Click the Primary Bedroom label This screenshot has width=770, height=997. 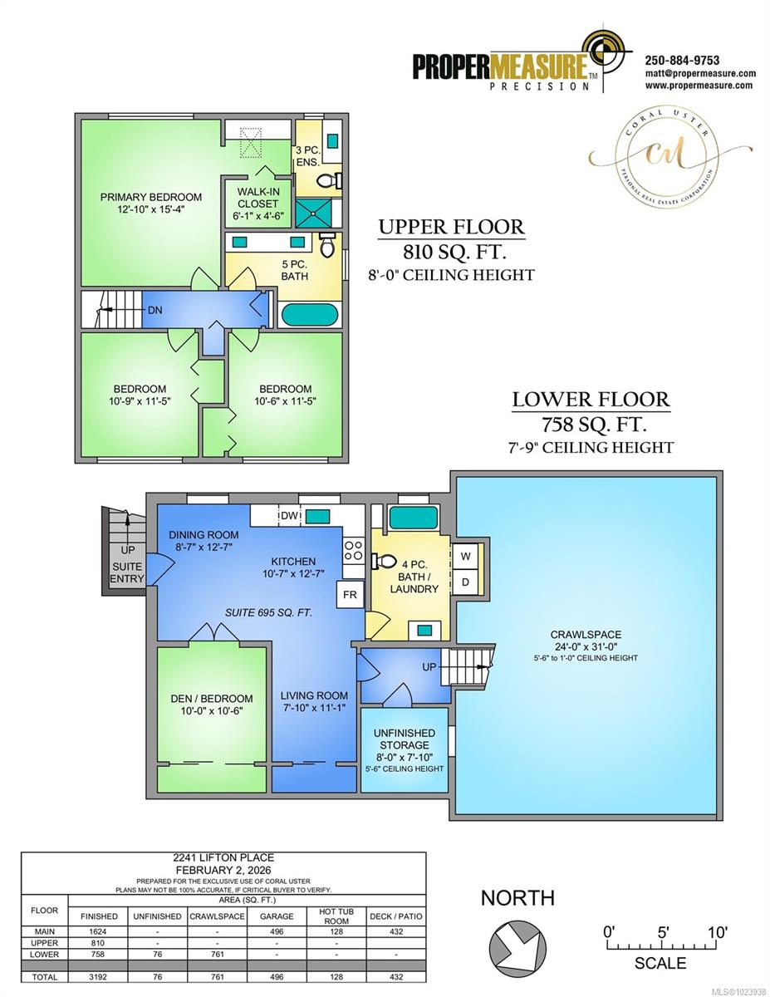click(x=150, y=197)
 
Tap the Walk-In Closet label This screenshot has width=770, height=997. click(x=258, y=203)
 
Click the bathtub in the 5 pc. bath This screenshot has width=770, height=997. click(x=309, y=315)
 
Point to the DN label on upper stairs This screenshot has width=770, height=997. click(x=154, y=310)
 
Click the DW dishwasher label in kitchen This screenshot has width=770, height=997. click(x=289, y=516)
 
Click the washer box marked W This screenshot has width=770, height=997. click(x=465, y=556)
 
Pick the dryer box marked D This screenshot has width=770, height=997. click(x=465, y=582)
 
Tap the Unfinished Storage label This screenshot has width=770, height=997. click(x=405, y=739)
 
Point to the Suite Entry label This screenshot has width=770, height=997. click(x=126, y=573)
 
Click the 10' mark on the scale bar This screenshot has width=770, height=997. click(x=716, y=932)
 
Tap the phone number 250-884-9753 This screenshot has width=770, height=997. click(x=682, y=61)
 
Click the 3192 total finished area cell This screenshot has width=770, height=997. click(x=99, y=977)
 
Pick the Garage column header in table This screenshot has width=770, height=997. click(x=277, y=916)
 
